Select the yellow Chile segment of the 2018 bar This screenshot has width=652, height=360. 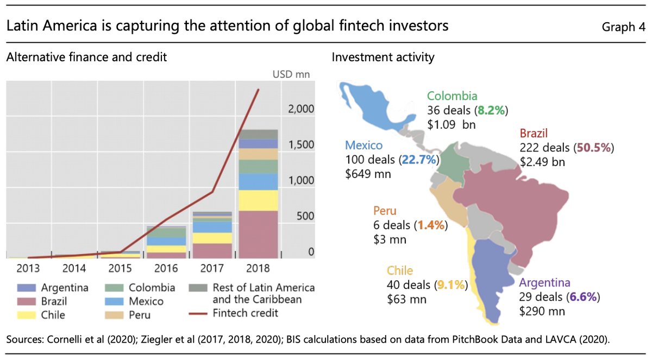tap(259, 200)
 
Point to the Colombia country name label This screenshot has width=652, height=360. tap(452, 96)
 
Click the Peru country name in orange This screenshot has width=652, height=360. tap(385, 211)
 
